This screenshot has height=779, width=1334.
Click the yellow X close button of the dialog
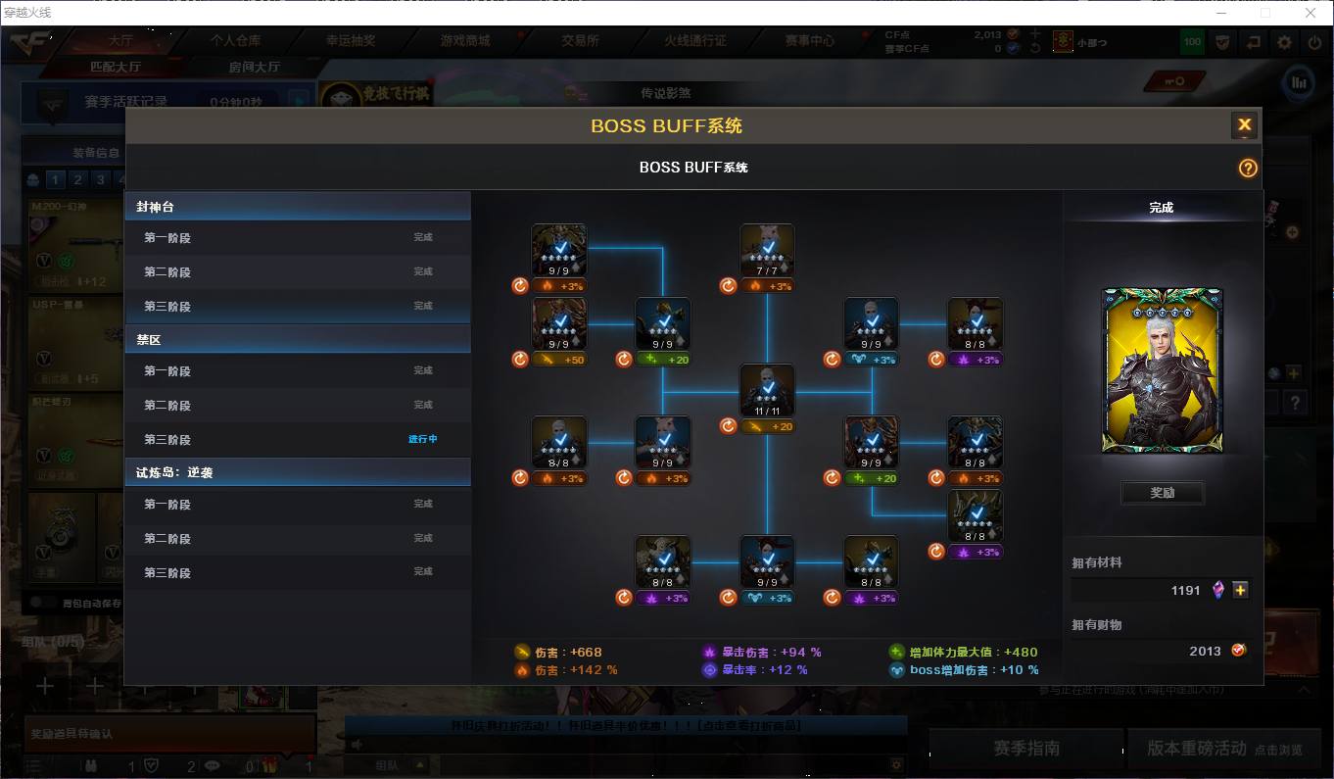1244,124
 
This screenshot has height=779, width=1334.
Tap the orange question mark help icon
1247,168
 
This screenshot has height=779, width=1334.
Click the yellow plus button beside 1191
1240,590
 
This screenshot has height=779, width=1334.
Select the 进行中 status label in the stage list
422,439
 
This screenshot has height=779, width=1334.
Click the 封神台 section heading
156,207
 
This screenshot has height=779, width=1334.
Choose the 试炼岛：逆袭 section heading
174,472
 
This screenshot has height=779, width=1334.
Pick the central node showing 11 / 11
767,391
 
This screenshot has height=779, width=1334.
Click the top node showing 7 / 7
767,250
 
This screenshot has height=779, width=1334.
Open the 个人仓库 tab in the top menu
235,41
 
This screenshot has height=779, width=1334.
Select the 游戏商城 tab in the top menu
465,41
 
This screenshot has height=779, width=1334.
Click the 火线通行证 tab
695,41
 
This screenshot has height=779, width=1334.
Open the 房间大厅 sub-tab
255,67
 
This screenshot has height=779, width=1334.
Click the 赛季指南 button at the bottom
1025,749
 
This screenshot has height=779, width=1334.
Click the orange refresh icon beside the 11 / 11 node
728,426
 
